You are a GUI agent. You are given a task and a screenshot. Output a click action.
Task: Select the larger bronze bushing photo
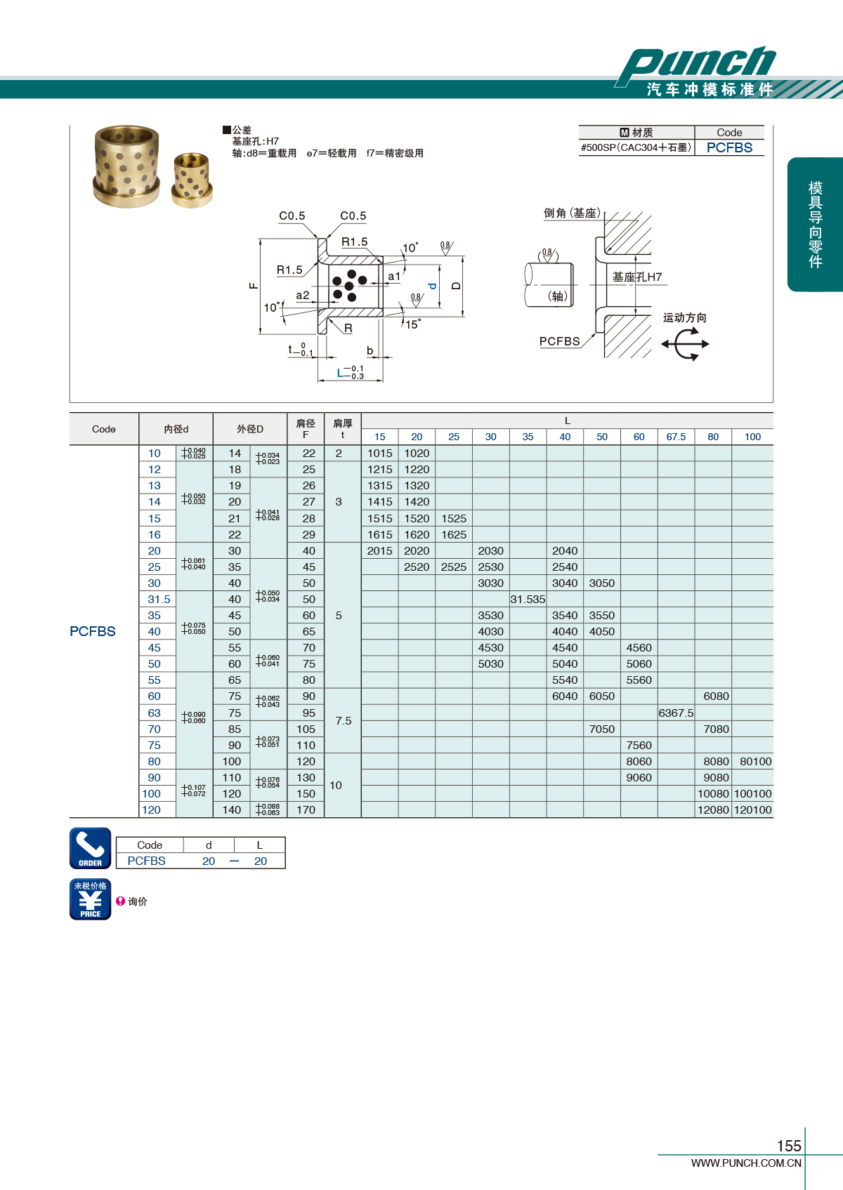[126, 166]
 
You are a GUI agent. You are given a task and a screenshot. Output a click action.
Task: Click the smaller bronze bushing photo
[191, 180]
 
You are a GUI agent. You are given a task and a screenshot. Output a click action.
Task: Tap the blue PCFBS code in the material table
[729, 148]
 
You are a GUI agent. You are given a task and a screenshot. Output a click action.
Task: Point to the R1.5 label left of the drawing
[289, 270]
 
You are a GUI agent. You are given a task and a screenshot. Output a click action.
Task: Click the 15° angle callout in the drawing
[412, 324]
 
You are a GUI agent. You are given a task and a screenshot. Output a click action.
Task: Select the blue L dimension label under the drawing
[341, 373]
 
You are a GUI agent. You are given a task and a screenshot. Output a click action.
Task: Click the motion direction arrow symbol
[685, 344]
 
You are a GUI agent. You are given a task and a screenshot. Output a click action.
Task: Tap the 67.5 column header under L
[676, 437]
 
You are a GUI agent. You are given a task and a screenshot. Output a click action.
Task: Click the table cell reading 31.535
[528, 600]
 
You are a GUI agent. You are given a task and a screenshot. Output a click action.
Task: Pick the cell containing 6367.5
[676, 713]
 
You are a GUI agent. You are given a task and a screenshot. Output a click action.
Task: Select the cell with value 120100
[752, 810]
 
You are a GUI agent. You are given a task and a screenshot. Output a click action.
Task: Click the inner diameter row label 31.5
[159, 600]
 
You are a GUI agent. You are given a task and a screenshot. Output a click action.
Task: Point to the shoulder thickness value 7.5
[343, 721]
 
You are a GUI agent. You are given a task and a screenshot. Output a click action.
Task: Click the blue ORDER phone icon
[91, 848]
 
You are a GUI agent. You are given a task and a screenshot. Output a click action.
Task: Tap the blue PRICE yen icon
[91, 899]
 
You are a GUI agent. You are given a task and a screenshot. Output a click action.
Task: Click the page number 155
[789, 1146]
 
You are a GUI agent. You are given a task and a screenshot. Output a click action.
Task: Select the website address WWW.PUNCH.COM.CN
[746, 1163]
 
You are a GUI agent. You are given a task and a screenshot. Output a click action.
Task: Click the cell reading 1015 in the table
[379, 454]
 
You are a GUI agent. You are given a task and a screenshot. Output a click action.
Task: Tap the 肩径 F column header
[306, 429]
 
